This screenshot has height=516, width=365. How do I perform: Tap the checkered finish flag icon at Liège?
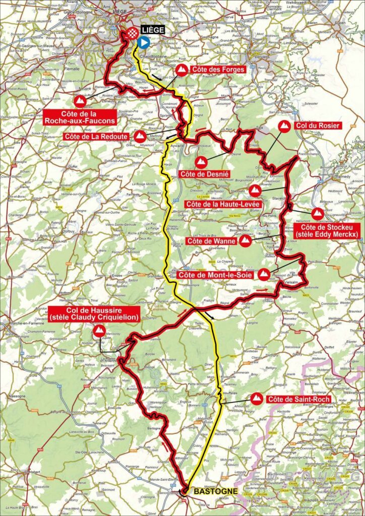(x=131, y=34)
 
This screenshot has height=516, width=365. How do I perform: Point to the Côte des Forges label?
(x=219, y=70)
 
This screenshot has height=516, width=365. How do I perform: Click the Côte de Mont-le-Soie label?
(x=215, y=275)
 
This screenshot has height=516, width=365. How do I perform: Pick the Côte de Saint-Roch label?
(x=299, y=399)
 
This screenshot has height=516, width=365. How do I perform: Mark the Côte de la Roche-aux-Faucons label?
(x=80, y=117)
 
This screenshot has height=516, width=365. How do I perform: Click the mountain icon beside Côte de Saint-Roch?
(x=257, y=399)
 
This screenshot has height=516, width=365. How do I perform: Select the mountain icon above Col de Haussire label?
(x=99, y=331)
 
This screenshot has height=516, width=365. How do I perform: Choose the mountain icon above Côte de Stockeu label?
(x=318, y=214)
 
